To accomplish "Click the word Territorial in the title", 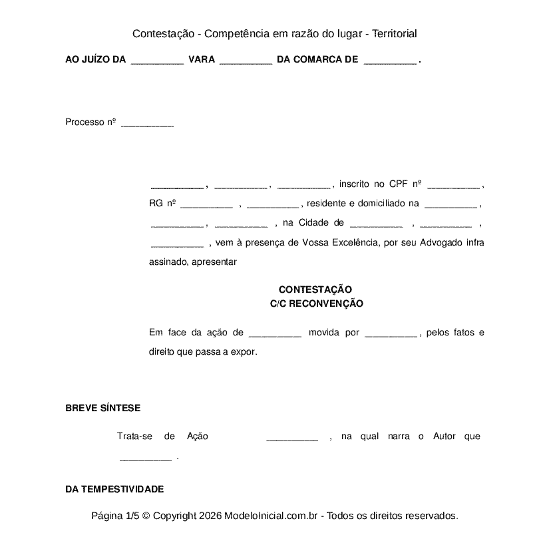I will pos(395,33).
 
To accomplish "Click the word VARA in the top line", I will pos(202,60).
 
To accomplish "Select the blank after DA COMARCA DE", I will pos(391,61).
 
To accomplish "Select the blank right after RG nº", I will pos(206,205).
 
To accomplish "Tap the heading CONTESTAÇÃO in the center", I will pos(315,289).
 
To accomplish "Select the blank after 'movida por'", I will pos(391,334).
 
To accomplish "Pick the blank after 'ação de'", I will pos(275,334).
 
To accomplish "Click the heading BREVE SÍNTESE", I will pos(102,409).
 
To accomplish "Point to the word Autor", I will pos(445,437).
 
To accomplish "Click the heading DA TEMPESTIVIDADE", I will pos(114,489).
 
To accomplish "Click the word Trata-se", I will pos(135,437).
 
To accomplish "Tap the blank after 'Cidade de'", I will pos(376,224).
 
